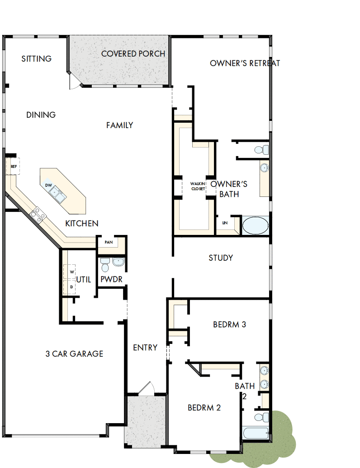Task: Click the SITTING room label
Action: pos(37,59)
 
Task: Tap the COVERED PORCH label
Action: pos(133,54)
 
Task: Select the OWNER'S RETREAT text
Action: pos(245,63)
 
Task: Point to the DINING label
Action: pos(41,115)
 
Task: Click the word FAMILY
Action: pos(119,125)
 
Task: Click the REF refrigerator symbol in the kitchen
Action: pos(14,167)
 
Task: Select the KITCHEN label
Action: pos(82,224)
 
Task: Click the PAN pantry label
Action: pos(109,242)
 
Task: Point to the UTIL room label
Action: pos(84,280)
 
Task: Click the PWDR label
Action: pos(111,280)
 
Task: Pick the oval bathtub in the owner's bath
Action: pos(256,225)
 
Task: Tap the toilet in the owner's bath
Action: pos(260,149)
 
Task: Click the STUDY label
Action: pos(221,258)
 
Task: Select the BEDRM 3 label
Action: pos(229,325)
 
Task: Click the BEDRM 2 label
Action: pos(204,408)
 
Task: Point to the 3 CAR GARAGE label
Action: pos(74,354)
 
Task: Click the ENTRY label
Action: pos(145,348)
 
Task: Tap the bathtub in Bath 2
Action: pos(256,433)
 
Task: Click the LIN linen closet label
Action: pos(225,223)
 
